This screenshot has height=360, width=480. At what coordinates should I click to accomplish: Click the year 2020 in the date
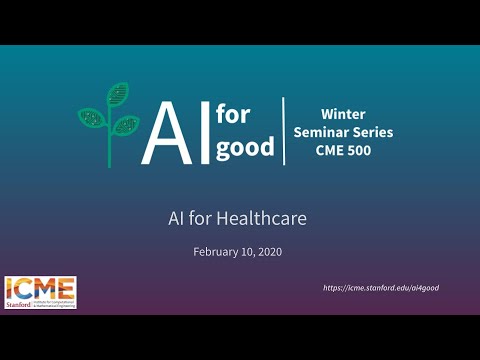pos(269,251)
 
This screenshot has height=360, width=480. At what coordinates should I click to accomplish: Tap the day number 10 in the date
pos(247,251)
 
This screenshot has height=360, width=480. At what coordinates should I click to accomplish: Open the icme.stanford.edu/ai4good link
pos(381,288)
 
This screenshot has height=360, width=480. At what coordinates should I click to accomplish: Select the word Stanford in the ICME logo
pos(19,302)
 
